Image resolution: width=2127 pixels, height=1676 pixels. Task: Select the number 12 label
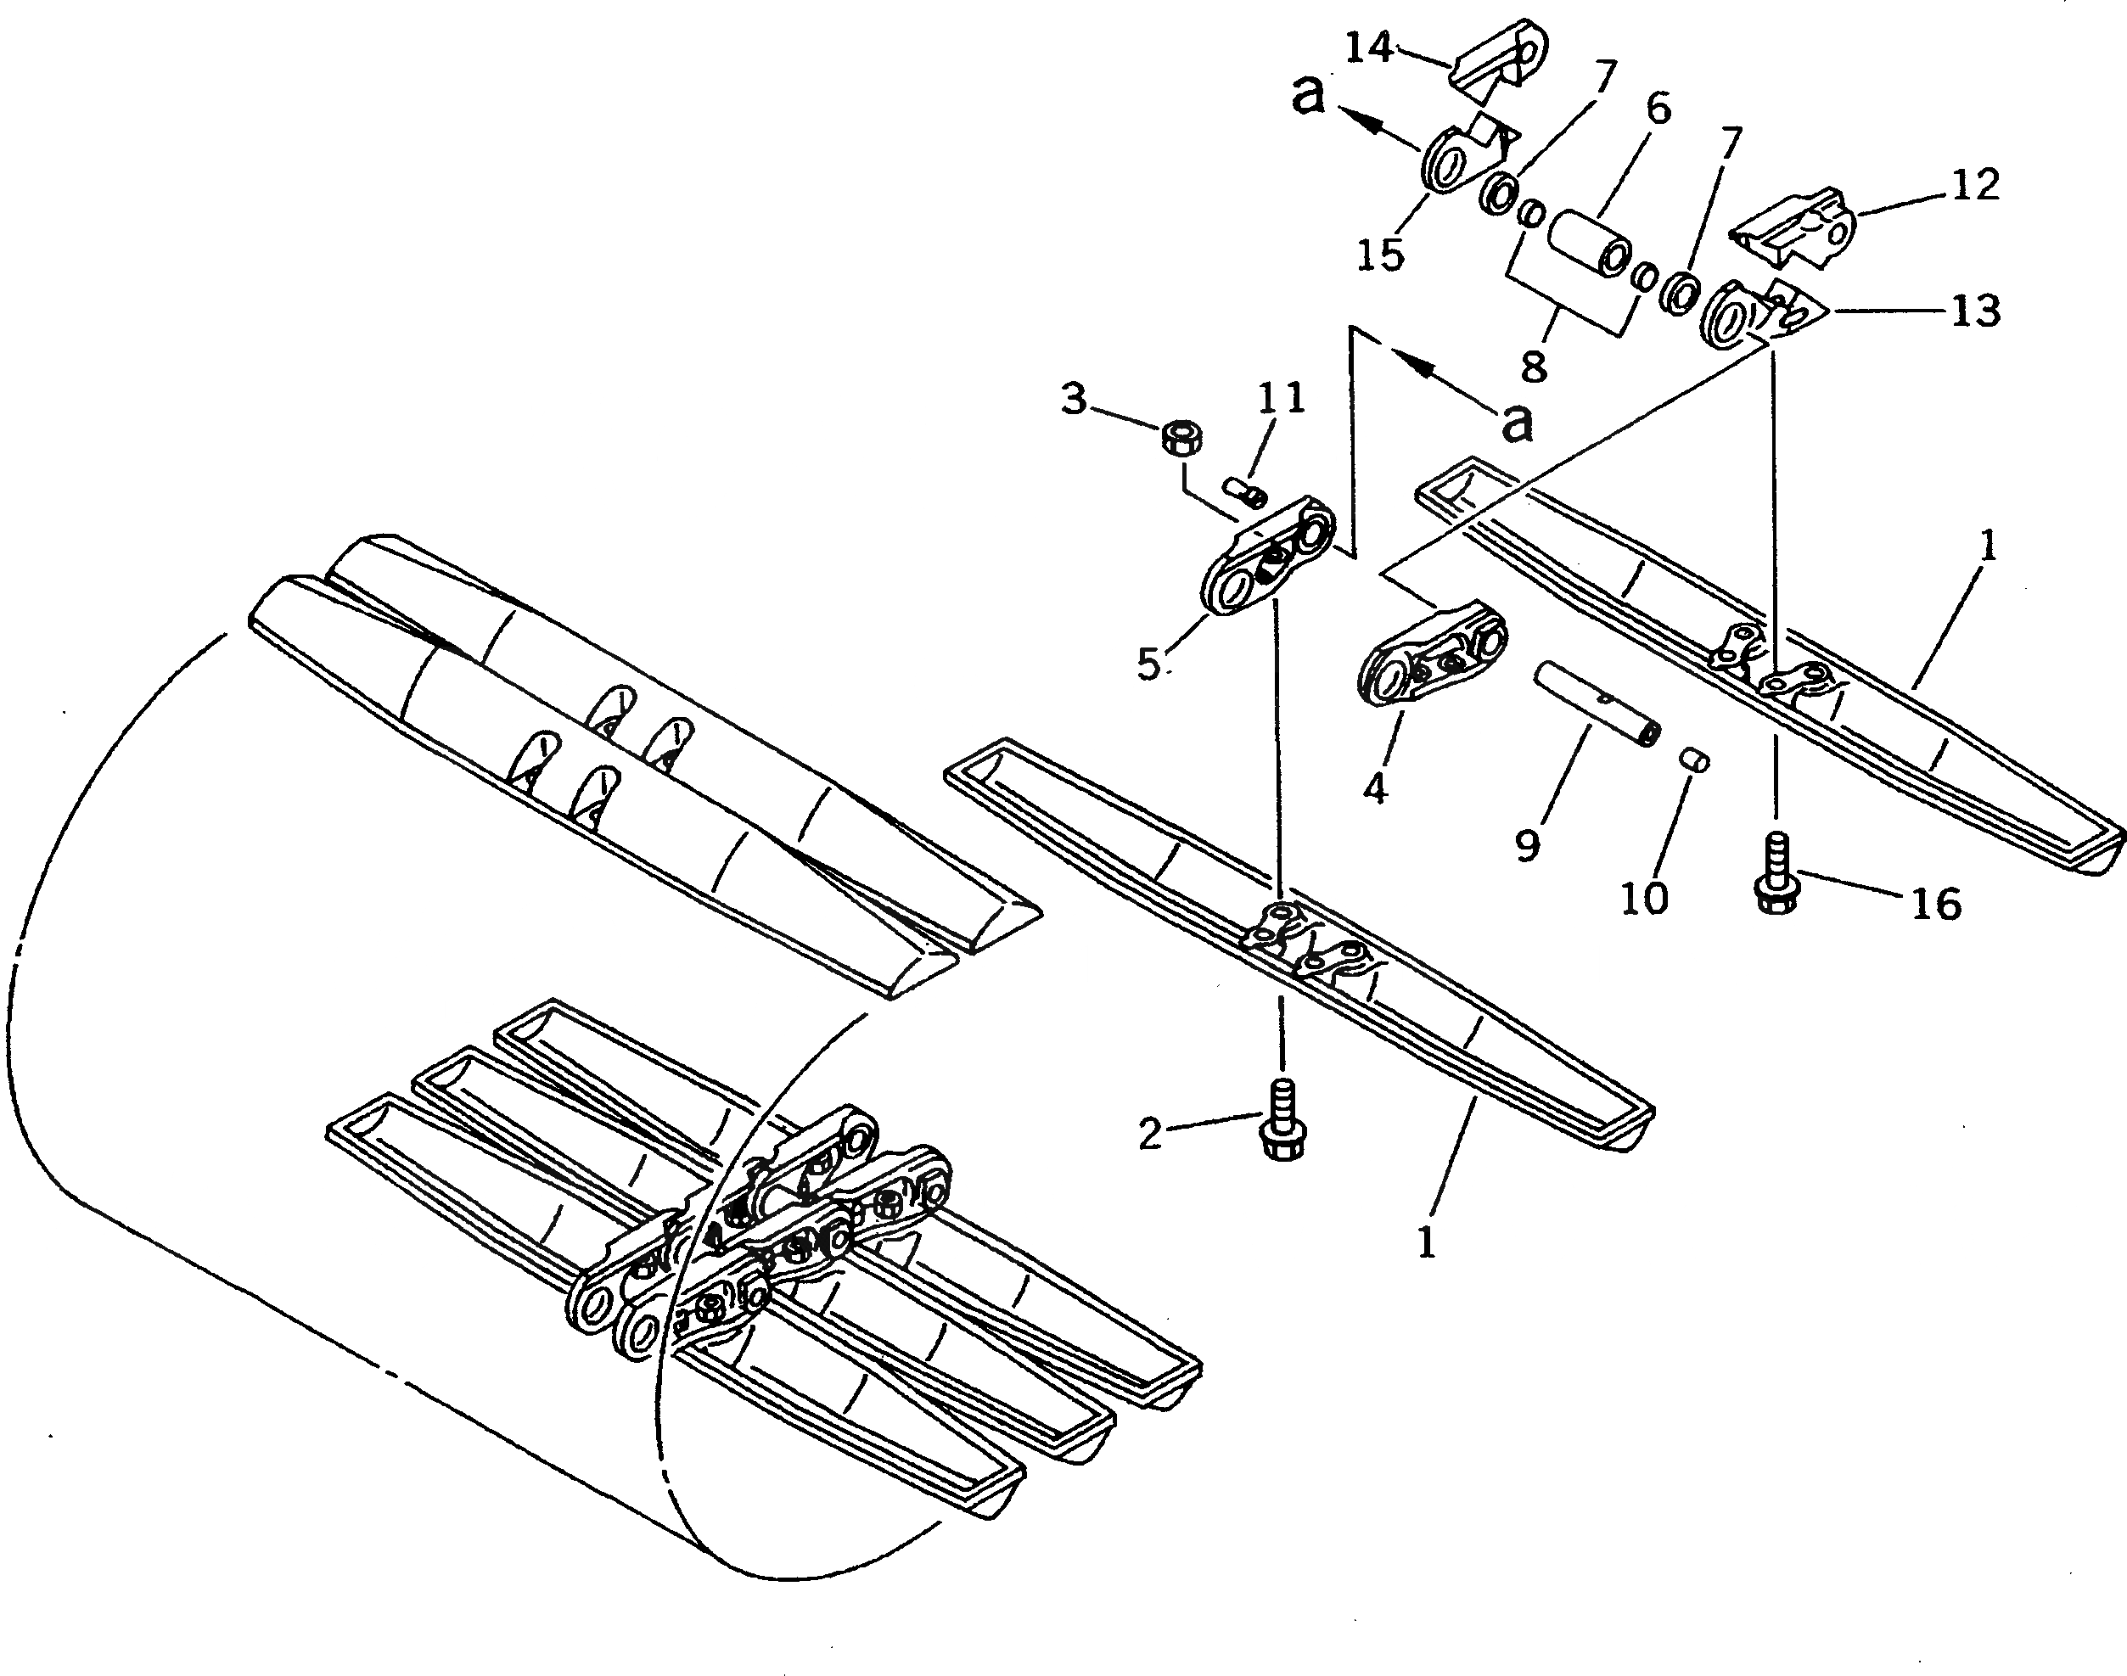[x=1975, y=183]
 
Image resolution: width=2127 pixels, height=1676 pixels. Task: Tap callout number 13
[x=1975, y=311]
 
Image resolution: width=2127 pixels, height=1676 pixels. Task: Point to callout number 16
[x=1935, y=904]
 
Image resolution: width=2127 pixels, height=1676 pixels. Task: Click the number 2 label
[x=1149, y=1135]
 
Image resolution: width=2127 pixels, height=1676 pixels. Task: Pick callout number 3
[x=1075, y=401]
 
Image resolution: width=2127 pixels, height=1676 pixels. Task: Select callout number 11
[x=1281, y=398]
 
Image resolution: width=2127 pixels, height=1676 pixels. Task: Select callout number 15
[x=1380, y=255]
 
